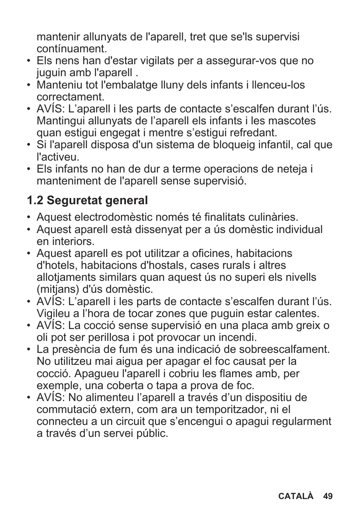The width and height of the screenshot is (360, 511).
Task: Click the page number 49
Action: point(328,496)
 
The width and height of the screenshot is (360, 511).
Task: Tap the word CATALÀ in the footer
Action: point(296,496)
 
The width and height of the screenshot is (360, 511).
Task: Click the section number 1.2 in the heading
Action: point(35,201)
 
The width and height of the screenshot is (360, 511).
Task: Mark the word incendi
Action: point(235,338)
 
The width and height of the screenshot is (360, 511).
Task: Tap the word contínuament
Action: point(72,49)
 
